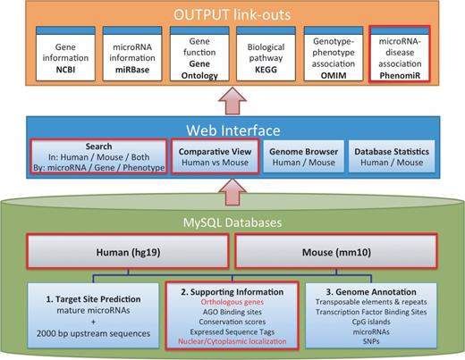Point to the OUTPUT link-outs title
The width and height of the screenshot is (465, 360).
click(x=232, y=13)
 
